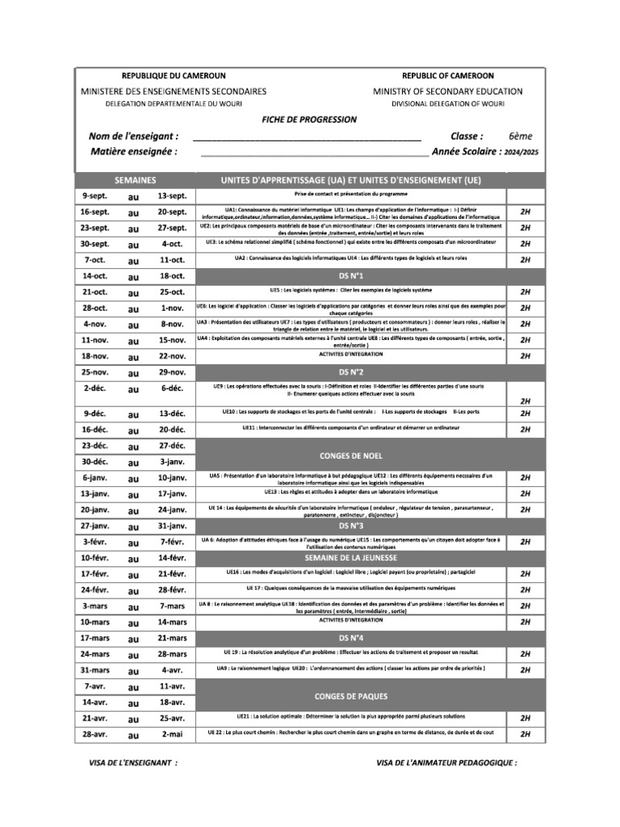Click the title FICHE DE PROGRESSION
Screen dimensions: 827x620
click(x=309, y=120)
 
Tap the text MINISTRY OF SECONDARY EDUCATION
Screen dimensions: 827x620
click(x=447, y=91)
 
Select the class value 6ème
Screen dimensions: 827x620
click(x=520, y=136)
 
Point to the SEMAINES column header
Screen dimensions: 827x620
click(x=136, y=179)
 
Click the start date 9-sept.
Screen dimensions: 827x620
click(x=95, y=196)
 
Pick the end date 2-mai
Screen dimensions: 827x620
click(x=173, y=734)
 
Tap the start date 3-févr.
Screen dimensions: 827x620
click(x=95, y=542)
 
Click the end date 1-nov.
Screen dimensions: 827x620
click(x=173, y=309)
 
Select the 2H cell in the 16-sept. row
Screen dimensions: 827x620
click(x=526, y=212)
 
